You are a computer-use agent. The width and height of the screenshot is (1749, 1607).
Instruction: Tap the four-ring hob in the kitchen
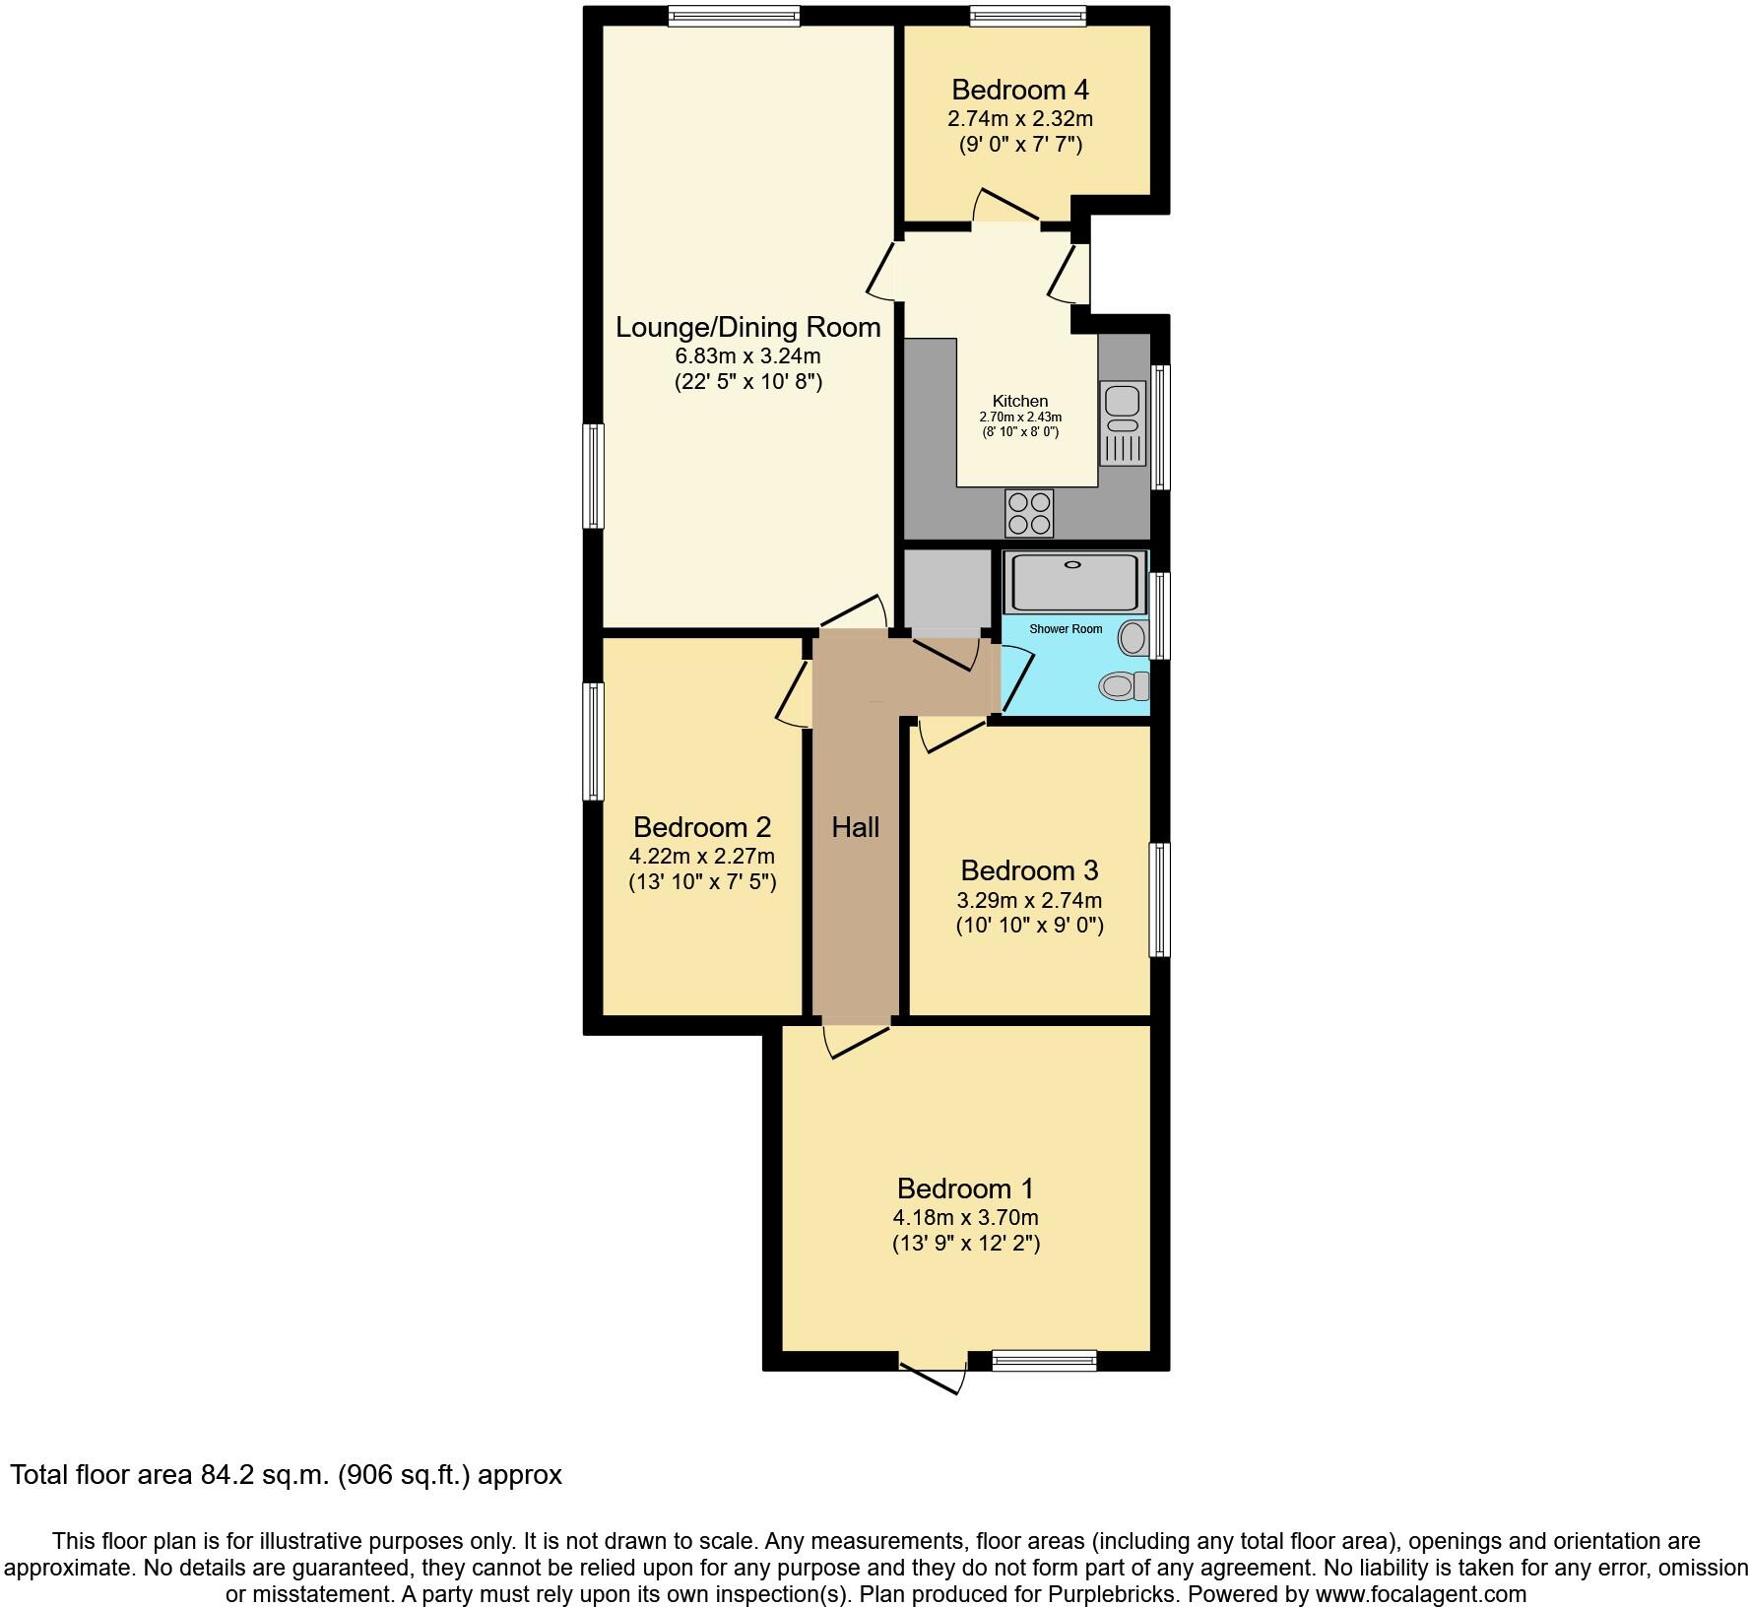pyautogui.click(x=1029, y=513)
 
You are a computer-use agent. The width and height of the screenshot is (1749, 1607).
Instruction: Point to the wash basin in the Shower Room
pyautogui.click(x=1134, y=638)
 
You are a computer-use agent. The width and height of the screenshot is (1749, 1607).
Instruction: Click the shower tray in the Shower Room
pyautogui.click(x=1074, y=581)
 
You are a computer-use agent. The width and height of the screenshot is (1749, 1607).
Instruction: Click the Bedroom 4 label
pyautogui.click(x=1019, y=90)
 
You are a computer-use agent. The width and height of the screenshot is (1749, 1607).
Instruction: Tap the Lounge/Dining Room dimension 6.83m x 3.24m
pyautogui.click(x=747, y=355)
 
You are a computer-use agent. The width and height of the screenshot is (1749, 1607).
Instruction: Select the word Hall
pyautogui.click(x=855, y=827)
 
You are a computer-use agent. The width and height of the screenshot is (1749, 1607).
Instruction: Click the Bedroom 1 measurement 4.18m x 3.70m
pyautogui.click(x=965, y=1217)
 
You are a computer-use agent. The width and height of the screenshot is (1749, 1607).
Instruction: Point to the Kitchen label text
pyautogui.click(x=1019, y=401)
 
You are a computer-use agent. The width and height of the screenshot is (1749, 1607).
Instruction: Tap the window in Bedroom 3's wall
pyautogui.click(x=1160, y=899)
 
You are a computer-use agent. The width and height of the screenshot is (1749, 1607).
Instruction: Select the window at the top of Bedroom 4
pyautogui.click(x=1027, y=16)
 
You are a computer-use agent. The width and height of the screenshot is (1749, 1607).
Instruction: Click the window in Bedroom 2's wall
pyautogui.click(x=593, y=740)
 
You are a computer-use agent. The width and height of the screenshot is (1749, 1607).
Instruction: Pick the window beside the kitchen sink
pyautogui.click(x=1160, y=426)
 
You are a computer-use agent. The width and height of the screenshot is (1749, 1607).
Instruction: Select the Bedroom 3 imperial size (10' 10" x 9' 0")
pyautogui.click(x=1029, y=926)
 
